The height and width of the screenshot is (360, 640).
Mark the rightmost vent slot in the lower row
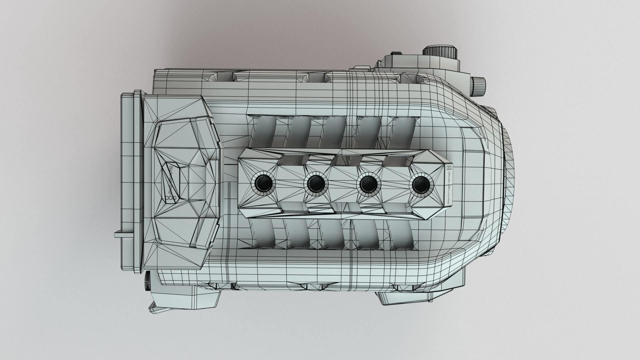coord(402,235)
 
